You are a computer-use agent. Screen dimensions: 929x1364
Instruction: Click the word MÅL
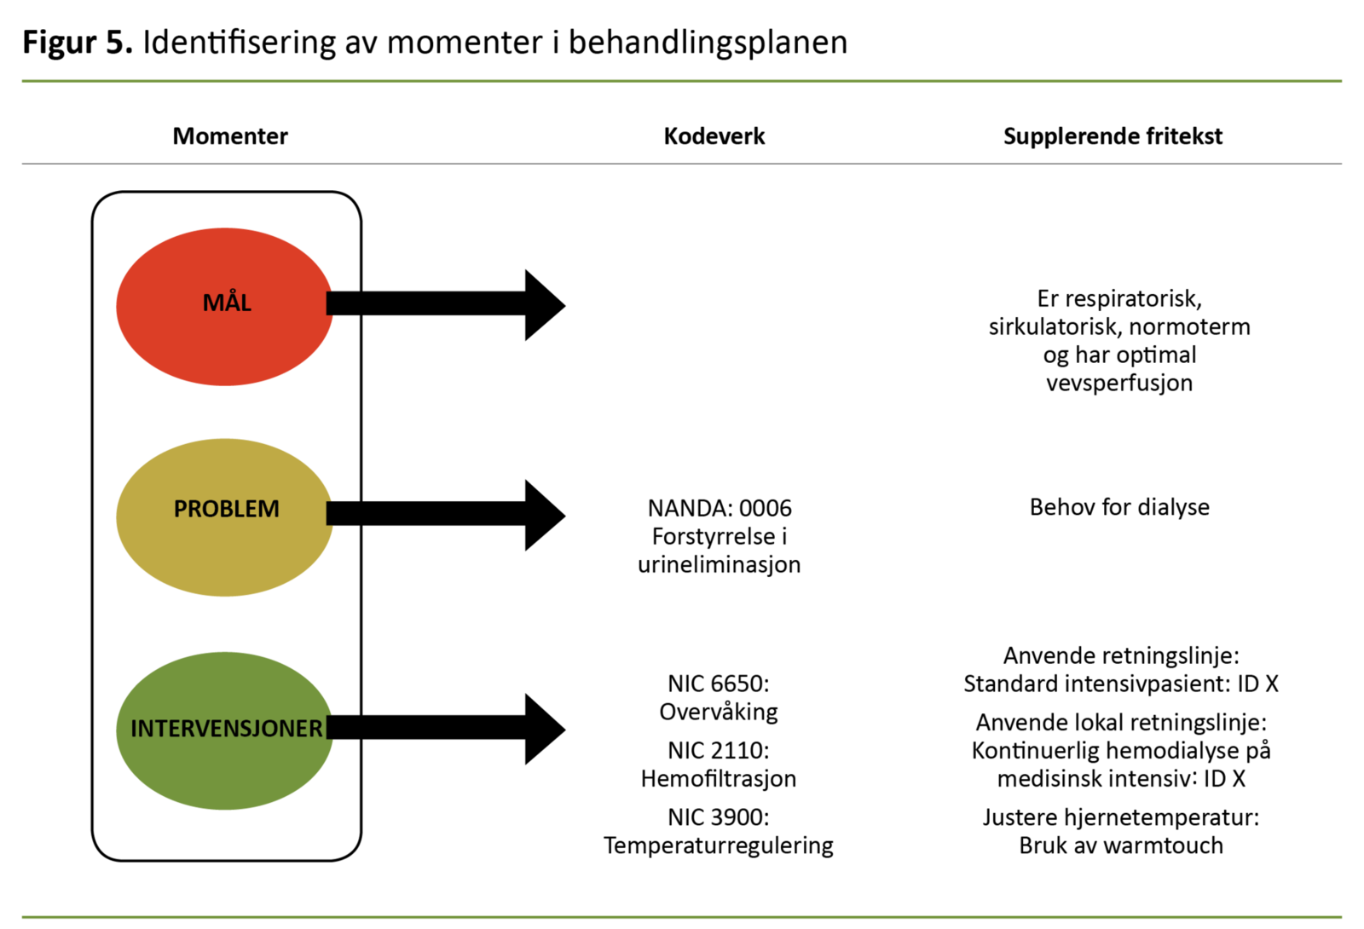(x=227, y=303)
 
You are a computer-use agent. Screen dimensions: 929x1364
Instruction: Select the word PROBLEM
(x=226, y=509)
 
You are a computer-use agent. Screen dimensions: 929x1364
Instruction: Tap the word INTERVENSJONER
(x=226, y=729)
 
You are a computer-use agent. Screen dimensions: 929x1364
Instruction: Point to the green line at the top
(x=682, y=81)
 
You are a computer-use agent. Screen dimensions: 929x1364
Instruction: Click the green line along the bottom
(x=682, y=917)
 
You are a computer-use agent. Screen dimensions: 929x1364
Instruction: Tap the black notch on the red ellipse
(x=330, y=303)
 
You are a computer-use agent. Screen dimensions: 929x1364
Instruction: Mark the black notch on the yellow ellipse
(x=330, y=513)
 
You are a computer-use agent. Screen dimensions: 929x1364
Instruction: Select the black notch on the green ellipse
(x=330, y=727)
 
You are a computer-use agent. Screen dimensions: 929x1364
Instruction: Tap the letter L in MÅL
(x=246, y=303)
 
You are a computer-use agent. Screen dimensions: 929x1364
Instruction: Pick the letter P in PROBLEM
(x=180, y=509)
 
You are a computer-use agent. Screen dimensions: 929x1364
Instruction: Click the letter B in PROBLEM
(x=226, y=509)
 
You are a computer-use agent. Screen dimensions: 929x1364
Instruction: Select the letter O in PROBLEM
(x=210, y=509)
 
